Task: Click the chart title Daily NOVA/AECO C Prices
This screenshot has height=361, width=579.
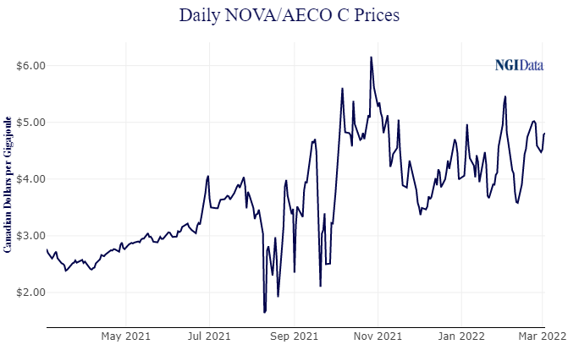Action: coord(289,15)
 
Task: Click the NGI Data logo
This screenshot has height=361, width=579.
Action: coord(519,65)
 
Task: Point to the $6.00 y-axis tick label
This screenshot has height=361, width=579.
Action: coord(30,66)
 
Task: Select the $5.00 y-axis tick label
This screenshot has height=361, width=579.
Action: coord(30,123)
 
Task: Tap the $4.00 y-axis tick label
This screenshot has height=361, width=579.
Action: coord(30,179)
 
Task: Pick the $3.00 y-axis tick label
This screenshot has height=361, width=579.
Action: coord(30,236)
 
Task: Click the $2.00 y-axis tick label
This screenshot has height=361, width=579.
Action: coord(30,293)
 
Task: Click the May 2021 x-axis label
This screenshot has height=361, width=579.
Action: coord(125,336)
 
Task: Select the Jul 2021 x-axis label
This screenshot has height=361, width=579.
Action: coord(208,336)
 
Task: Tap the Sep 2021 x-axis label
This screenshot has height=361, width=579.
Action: coord(295,336)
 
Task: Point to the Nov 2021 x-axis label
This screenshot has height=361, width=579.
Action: coord(378,336)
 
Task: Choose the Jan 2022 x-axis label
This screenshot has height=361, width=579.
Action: coord(461,336)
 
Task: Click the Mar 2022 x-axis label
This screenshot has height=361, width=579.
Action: coord(542,336)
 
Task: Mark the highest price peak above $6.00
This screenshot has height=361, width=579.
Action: coord(371,57)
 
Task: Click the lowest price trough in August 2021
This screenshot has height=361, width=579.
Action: coord(264,313)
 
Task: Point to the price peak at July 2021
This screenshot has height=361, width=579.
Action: coord(207,176)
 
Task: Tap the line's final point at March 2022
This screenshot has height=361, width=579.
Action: coord(544,133)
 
